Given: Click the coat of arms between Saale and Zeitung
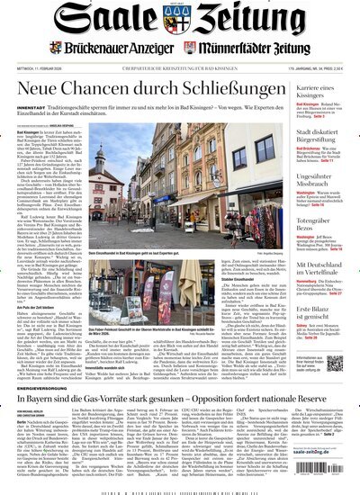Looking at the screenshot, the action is click(180, 19).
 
